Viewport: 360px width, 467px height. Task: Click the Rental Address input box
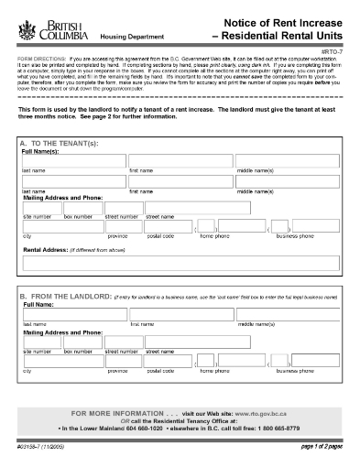180,264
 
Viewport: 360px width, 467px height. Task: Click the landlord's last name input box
73,314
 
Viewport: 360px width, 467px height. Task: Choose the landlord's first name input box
180,314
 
